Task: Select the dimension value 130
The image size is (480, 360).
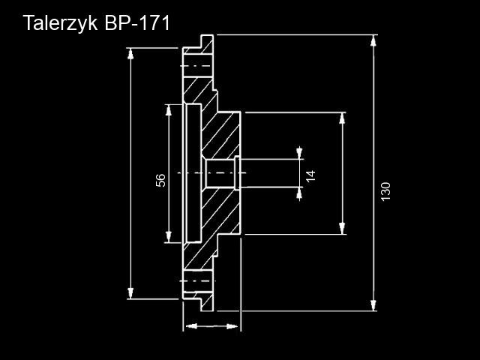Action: [x=386, y=191]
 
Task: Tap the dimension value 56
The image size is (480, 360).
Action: [x=160, y=180]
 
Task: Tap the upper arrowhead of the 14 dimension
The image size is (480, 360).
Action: [x=300, y=154]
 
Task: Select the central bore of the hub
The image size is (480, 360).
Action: [x=220, y=173]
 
